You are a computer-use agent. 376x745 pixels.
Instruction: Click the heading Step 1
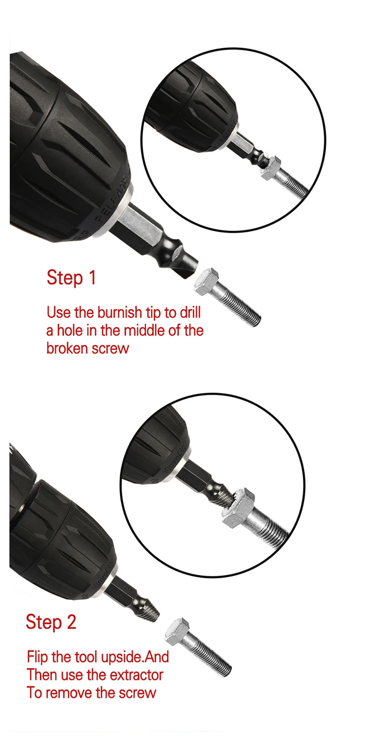[x=71, y=278]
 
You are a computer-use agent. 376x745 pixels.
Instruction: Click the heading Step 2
[x=51, y=622]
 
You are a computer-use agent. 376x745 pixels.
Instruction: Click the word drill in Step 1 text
[x=190, y=312]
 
